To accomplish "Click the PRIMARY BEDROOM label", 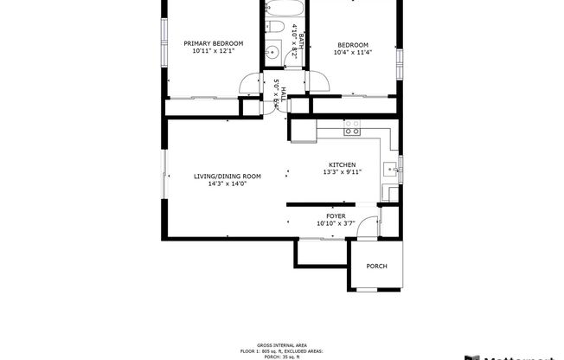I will (213, 43).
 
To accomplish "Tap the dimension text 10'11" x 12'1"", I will (213, 51).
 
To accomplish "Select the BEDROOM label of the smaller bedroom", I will (352, 45).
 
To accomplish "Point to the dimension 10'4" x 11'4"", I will (352, 53).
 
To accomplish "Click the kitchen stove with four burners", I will (352, 128).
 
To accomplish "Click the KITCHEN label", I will (342, 164).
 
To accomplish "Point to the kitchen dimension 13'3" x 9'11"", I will (342, 172).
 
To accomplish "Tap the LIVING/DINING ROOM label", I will (227, 176).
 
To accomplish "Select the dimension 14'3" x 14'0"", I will (227, 183).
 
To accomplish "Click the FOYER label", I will (336, 215).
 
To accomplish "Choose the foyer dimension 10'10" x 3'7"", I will (336, 223).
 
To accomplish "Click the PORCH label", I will (376, 266).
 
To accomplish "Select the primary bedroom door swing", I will (250, 85).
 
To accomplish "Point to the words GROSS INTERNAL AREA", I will (281, 344).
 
